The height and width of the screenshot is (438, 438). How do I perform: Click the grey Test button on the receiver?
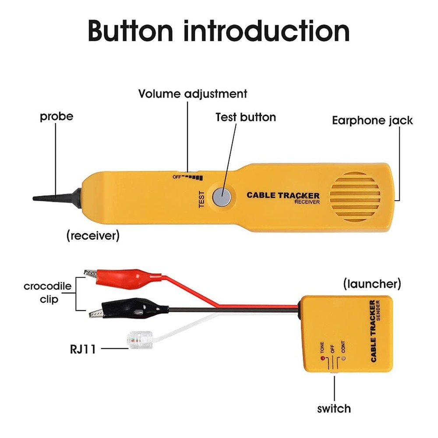pos(222,197)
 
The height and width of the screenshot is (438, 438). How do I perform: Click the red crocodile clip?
pos(123,276)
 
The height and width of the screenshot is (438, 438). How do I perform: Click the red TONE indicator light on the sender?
pos(322,359)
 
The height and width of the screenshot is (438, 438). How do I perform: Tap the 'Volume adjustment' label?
pos(193,94)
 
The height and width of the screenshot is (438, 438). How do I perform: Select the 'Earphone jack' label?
pos(372,120)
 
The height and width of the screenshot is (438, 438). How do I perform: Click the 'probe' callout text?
pos(57,117)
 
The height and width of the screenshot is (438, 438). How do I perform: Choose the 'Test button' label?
pos(246,117)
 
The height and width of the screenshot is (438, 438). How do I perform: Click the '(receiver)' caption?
pos(93,236)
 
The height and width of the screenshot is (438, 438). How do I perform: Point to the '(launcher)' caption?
pos(371,283)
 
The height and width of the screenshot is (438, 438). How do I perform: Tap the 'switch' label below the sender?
pos(334,408)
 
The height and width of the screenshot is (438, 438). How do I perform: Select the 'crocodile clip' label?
pos(47,293)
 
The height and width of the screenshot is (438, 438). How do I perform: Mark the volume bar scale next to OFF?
pos(193,177)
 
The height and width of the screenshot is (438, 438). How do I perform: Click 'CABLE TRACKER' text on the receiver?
pos(283,195)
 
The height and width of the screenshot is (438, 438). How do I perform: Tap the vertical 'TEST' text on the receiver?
pos(202,199)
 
